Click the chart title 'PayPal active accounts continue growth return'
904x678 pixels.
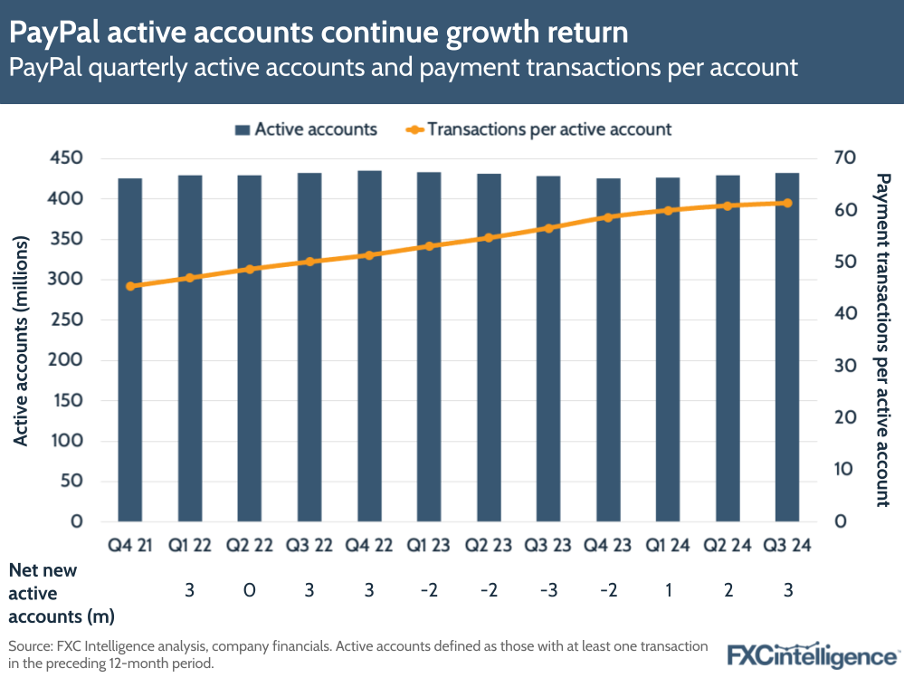point(319,33)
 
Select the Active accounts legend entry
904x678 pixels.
point(305,129)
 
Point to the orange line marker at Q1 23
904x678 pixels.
point(429,245)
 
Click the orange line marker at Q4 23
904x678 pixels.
point(608,217)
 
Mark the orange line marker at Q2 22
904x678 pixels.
point(250,269)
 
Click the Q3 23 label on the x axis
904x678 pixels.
point(548,546)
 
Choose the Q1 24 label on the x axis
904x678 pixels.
point(668,546)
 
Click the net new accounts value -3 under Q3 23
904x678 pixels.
point(548,591)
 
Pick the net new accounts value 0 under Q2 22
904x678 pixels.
point(250,591)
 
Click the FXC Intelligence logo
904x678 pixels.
point(813,654)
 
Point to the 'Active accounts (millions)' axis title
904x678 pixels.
point(22,340)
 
